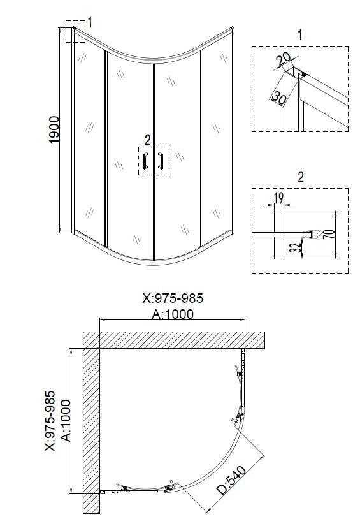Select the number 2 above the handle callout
[x=148, y=140]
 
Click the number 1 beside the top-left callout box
[x=90, y=23]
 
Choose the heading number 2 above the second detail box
[x=299, y=176]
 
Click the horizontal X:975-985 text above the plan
[x=173, y=298]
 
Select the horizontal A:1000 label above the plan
[x=172, y=313]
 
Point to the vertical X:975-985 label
[x=51, y=421]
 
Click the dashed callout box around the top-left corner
[x=75, y=34]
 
